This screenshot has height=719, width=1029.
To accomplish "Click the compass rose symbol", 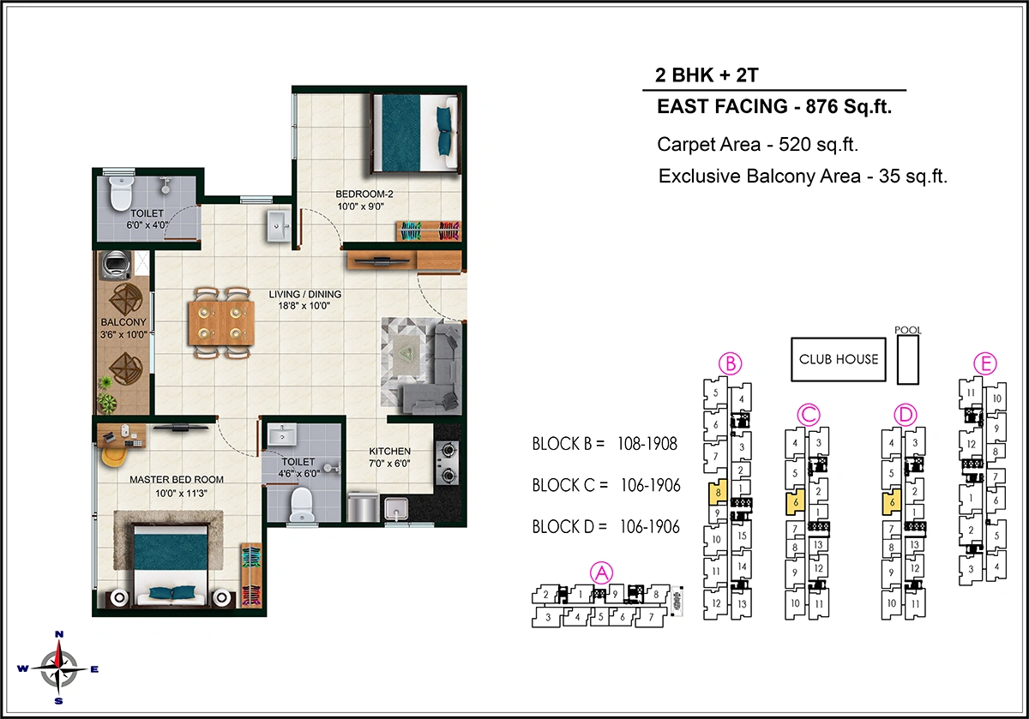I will pyautogui.click(x=58, y=668).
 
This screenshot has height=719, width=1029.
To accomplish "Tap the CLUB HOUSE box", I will pyautogui.click(x=839, y=359).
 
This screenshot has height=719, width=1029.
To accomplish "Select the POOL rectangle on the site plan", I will pyautogui.click(x=906, y=358).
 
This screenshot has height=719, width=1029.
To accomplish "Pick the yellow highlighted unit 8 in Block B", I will pyautogui.click(x=716, y=494).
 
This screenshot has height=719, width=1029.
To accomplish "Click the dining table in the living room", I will pyautogui.click(x=221, y=323).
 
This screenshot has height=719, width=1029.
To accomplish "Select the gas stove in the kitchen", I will pyautogui.click(x=448, y=463).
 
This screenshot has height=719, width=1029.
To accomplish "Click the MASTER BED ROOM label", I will pyautogui.click(x=177, y=479).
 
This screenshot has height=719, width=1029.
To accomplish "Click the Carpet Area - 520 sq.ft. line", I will pyautogui.click(x=758, y=144).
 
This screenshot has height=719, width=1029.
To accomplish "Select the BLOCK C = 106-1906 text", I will pyautogui.click(x=605, y=486).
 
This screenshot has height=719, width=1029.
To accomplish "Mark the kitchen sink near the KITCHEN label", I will pyautogui.click(x=396, y=509).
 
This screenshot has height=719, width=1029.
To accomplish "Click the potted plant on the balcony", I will pyautogui.click(x=106, y=403).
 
